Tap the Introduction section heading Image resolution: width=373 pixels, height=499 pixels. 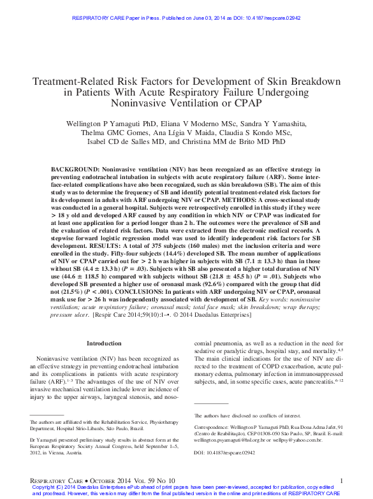103,343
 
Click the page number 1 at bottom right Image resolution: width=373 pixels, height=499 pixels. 342,479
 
